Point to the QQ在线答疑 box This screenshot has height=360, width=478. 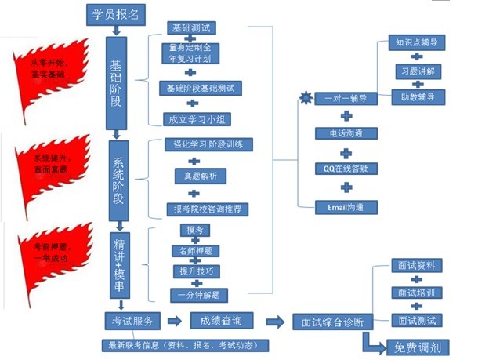345,168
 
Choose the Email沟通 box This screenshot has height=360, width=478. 345,208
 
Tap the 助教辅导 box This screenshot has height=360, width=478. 416,96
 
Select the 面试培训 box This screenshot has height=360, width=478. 416,293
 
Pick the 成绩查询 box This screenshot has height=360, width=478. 221,320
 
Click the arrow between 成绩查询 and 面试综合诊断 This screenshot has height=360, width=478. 276,322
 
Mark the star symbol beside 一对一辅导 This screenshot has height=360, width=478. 305,97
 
